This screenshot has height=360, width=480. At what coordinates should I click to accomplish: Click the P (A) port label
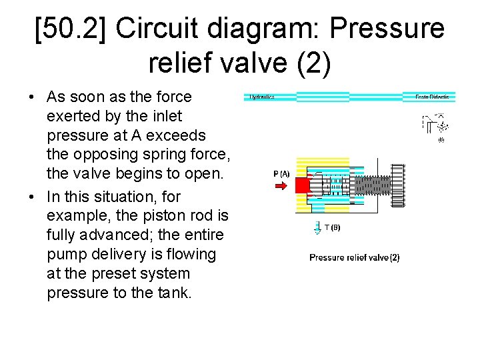click(281, 173)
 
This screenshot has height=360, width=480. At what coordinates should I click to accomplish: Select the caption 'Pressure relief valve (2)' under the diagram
click(354, 257)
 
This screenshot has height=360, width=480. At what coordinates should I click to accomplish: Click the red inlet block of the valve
click(303, 185)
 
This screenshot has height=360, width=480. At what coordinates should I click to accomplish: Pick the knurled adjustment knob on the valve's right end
click(398, 185)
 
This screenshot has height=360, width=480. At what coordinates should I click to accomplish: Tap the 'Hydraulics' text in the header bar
click(262, 97)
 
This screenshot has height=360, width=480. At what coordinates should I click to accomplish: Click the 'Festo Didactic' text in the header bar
click(432, 97)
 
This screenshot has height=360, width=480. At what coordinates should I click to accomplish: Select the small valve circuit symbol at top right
click(434, 127)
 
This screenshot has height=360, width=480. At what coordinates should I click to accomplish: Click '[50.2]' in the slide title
click(71, 29)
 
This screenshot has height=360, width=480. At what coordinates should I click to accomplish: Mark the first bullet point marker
click(32, 97)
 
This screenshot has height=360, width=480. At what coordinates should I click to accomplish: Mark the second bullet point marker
click(32, 197)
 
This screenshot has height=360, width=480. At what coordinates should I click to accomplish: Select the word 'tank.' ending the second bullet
click(172, 293)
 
